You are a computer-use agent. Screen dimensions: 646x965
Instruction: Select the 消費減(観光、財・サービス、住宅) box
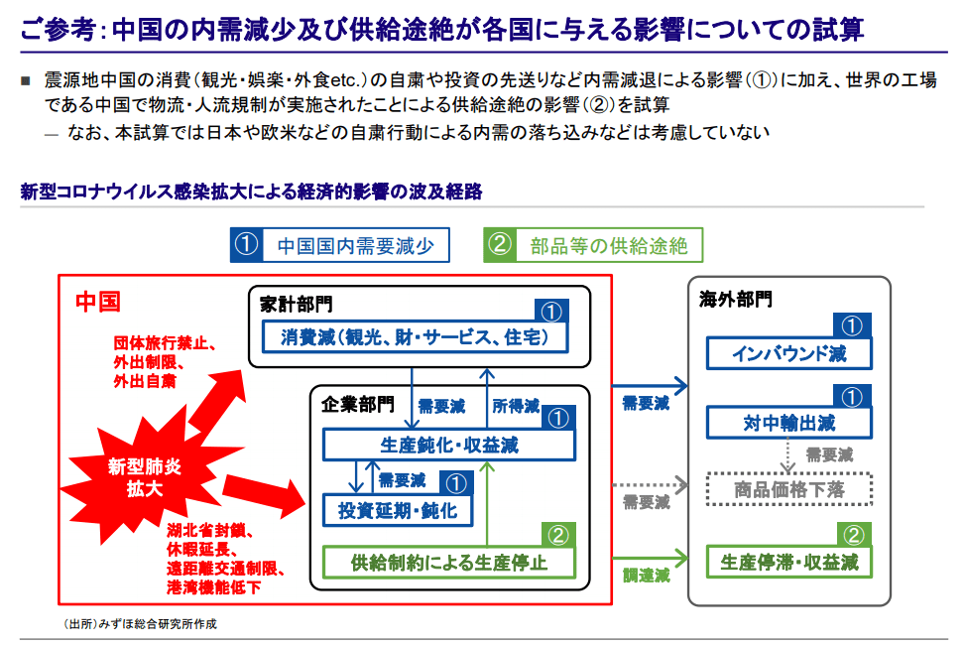418,337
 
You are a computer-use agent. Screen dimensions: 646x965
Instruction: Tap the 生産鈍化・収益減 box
448,445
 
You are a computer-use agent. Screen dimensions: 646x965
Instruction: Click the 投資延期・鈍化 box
391,510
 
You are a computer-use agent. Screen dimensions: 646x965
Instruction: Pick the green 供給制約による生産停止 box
449,563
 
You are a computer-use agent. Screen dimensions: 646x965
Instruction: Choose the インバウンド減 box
788,353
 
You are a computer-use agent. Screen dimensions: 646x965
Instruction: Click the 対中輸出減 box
788,424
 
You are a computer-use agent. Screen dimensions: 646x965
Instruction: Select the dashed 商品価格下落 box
788,489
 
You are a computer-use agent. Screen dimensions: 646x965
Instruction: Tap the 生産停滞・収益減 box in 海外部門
788,563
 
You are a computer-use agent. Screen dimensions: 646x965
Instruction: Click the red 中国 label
97,302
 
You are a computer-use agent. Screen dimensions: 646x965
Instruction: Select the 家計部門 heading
297,303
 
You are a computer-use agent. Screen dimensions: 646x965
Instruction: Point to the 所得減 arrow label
516,406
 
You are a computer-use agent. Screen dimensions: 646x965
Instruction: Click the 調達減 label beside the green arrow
646,575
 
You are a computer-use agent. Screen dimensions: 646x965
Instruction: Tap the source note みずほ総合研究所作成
139,624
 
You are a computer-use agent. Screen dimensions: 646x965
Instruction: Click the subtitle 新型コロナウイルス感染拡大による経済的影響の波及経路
251,192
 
